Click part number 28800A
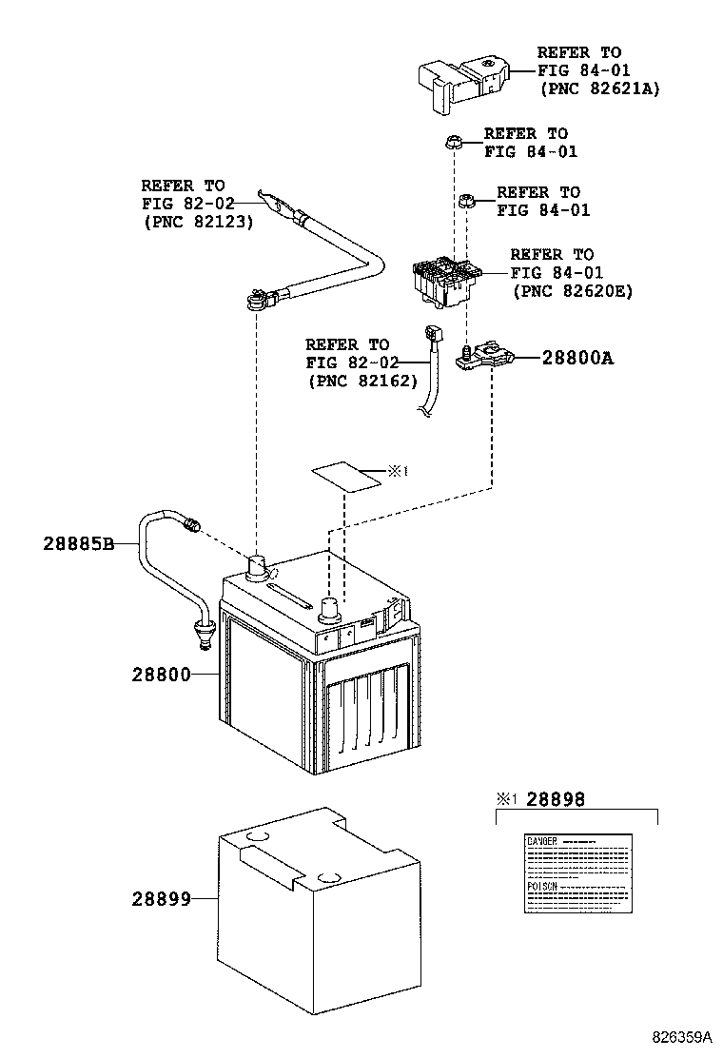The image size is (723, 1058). (577, 359)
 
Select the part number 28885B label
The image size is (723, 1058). (78, 544)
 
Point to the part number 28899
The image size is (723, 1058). (161, 897)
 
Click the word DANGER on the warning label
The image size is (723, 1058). (541, 842)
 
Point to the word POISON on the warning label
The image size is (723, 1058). (542, 885)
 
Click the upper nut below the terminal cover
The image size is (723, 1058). (452, 145)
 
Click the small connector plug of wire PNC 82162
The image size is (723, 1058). (435, 335)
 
